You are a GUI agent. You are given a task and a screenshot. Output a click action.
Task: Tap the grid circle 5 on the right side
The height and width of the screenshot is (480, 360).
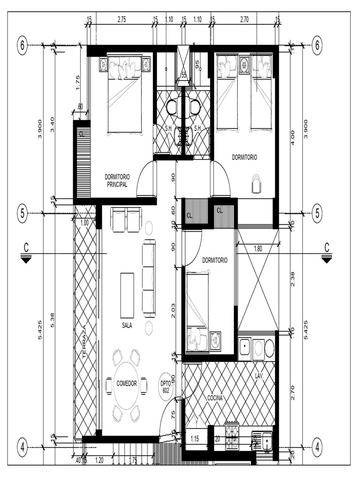317,214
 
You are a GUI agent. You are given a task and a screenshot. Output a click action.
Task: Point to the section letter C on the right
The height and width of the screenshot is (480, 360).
327,247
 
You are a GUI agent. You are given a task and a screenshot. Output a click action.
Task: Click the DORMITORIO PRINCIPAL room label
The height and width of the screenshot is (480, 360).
117,180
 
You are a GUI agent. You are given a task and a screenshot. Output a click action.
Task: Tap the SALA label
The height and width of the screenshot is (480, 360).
127,325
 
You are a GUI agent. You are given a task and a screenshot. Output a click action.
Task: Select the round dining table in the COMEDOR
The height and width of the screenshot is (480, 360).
126,383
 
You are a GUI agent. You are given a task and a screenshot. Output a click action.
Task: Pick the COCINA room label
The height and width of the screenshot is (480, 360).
215,398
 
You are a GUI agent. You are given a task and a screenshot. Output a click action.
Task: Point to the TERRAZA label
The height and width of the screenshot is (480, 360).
85,342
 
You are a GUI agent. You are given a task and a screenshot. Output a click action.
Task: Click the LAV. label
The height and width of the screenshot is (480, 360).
260,375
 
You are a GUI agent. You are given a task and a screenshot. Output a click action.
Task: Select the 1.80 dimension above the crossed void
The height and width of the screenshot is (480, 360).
258,249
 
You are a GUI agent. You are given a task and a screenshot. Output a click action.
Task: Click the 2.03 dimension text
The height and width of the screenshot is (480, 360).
173,310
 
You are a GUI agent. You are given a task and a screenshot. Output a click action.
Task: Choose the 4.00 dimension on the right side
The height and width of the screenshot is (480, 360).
293,137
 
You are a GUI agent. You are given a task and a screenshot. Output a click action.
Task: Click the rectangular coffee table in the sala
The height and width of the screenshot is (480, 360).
127,295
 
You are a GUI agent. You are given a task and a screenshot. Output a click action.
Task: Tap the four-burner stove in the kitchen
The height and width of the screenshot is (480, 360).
232,436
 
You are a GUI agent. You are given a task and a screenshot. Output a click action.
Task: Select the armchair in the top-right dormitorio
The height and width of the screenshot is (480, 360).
256,184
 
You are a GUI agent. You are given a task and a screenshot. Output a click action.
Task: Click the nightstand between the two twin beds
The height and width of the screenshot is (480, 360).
244,65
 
